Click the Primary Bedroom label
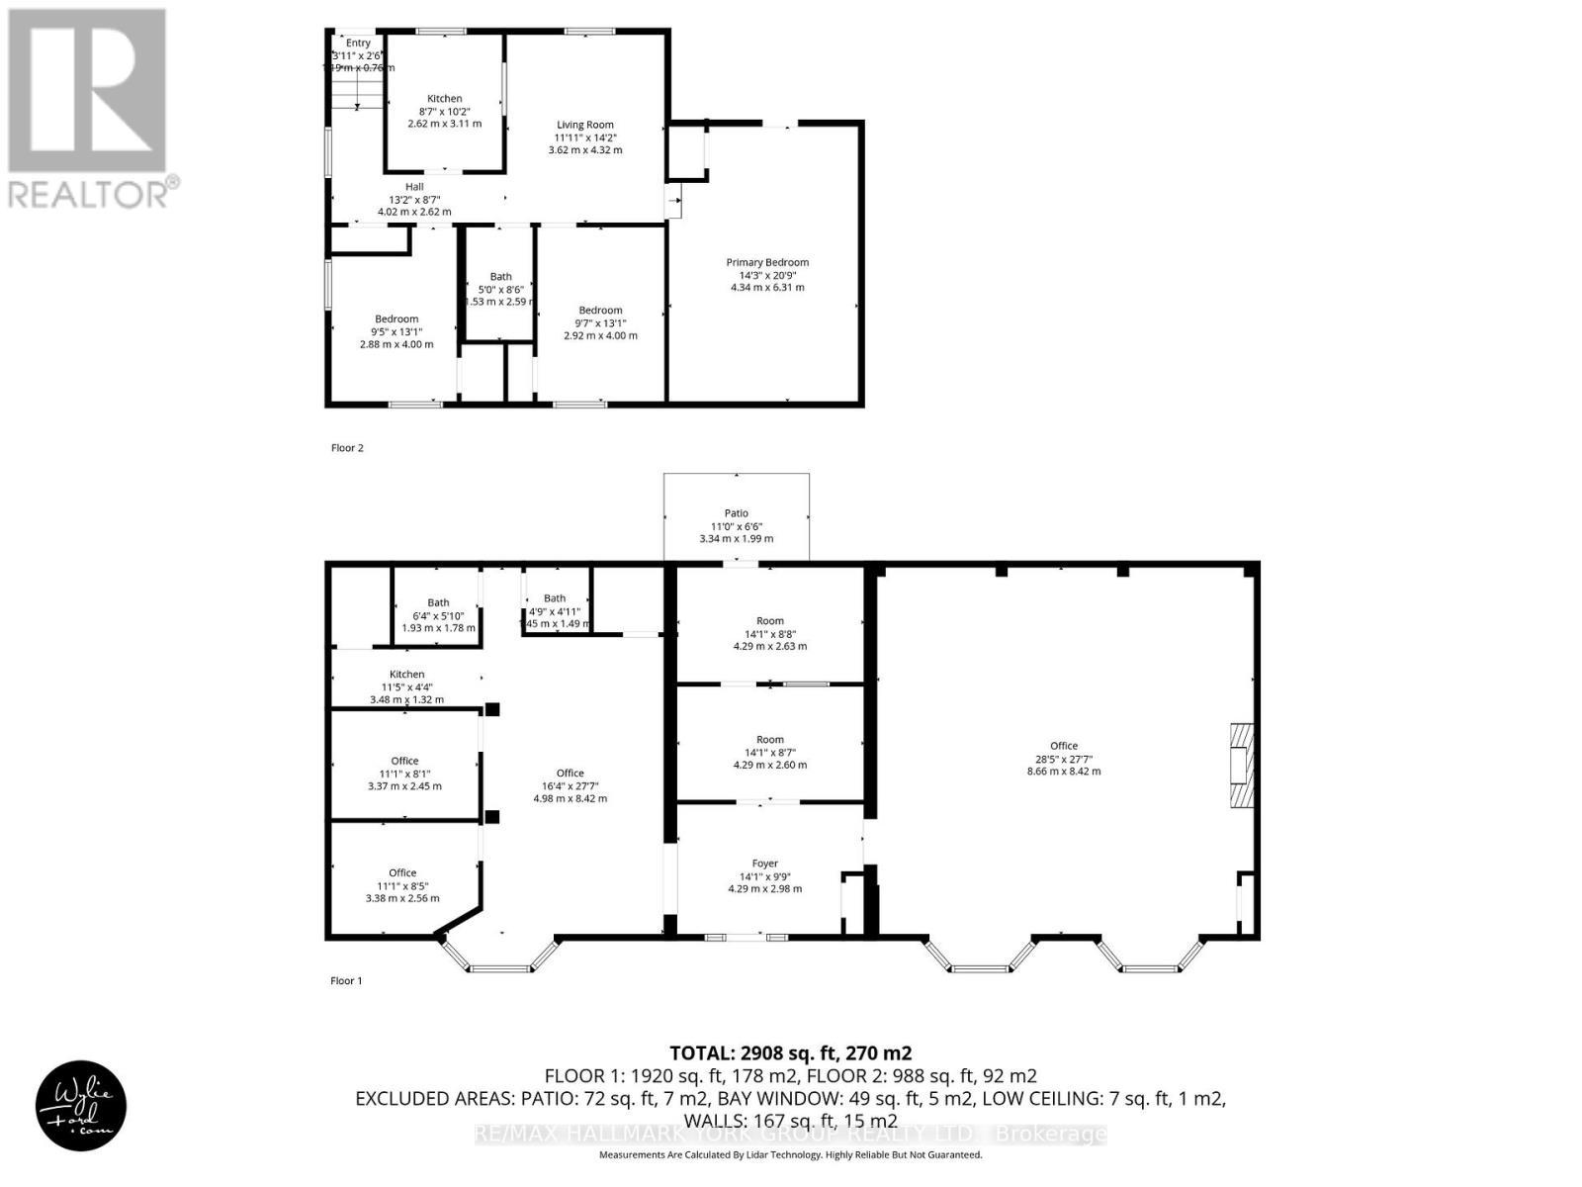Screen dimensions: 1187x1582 [x=767, y=263]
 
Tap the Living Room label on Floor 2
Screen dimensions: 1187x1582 [x=585, y=126]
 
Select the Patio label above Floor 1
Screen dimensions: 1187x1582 [x=737, y=513]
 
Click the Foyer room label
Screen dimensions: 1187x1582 [x=765, y=864]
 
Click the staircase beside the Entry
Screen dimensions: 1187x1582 [x=357, y=94]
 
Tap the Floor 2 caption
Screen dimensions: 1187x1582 [x=347, y=448]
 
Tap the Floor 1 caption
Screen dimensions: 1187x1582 [x=346, y=981]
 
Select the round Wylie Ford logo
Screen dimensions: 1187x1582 [x=82, y=1106]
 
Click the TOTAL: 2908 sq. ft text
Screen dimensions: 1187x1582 [x=790, y=1053]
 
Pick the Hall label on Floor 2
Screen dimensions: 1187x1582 [x=414, y=187]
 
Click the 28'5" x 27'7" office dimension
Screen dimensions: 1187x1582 [x=1064, y=759]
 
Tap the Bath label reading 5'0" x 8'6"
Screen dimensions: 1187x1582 [x=500, y=277]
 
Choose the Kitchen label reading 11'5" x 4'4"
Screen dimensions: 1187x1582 [x=406, y=675]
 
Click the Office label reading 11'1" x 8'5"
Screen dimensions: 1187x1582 [x=402, y=873]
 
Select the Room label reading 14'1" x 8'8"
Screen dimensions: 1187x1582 [x=770, y=621]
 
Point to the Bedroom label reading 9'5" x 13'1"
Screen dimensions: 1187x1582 [x=395, y=320]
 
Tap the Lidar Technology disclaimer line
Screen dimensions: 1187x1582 [x=790, y=1155]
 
